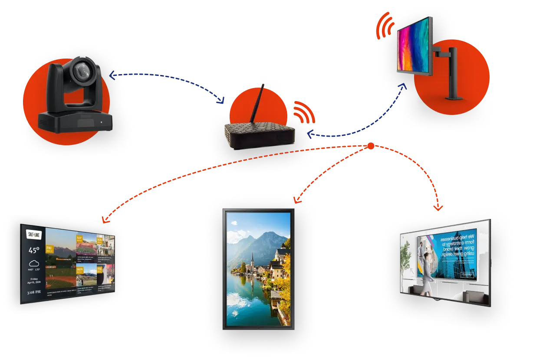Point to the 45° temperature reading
tap(34, 250)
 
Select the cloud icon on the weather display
tap(34, 263)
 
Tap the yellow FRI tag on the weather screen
tap(49, 249)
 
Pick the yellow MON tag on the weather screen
tap(80, 272)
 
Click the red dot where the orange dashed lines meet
tap(371, 147)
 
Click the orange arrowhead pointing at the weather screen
tap(105, 219)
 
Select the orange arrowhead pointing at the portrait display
tap(297, 200)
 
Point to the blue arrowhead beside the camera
tap(112, 76)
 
